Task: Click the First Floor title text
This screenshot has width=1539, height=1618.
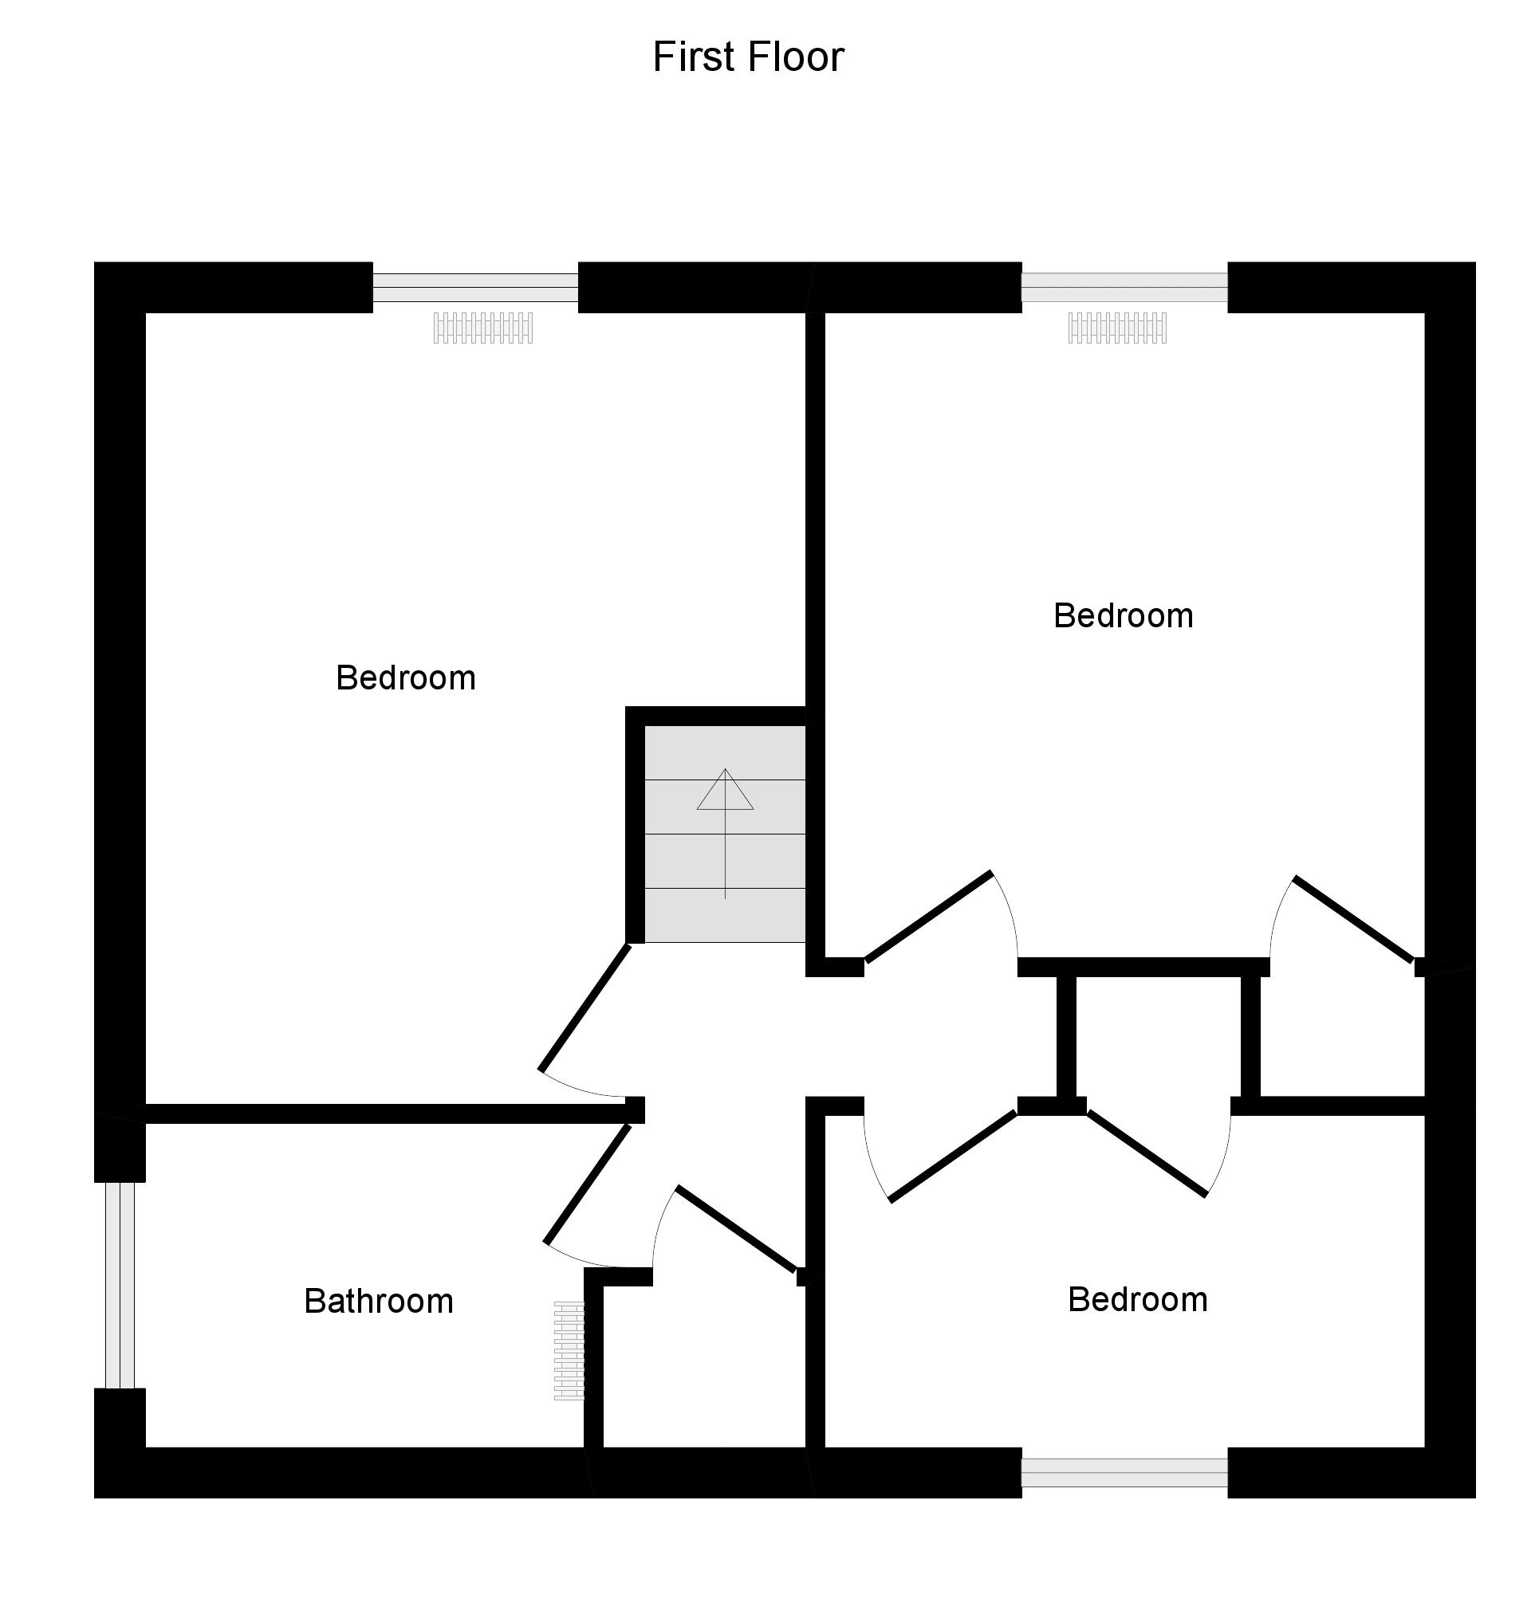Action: click(x=747, y=57)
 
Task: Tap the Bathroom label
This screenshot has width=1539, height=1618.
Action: click(x=378, y=1302)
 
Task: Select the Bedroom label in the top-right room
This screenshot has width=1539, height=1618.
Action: click(x=1122, y=616)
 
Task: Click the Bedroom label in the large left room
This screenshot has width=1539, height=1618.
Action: click(x=405, y=678)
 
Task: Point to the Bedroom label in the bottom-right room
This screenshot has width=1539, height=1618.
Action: click(x=1137, y=1300)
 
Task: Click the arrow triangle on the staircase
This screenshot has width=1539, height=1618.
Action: click(x=724, y=791)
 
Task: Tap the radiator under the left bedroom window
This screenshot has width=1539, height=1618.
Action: click(x=482, y=328)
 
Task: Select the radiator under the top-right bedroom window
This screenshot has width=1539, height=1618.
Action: click(x=1116, y=328)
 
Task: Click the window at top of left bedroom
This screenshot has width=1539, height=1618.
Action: click(x=475, y=287)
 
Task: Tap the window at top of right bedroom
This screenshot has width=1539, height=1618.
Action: click(x=1124, y=287)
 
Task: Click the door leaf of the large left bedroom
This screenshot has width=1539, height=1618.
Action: click(x=583, y=1008)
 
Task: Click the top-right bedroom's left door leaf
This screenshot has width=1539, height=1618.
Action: click(x=929, y=916)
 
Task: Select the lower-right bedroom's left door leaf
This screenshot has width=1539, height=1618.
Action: click(x=953, y=1157)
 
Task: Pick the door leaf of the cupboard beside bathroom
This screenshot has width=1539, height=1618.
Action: click(x=736, y=1228)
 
